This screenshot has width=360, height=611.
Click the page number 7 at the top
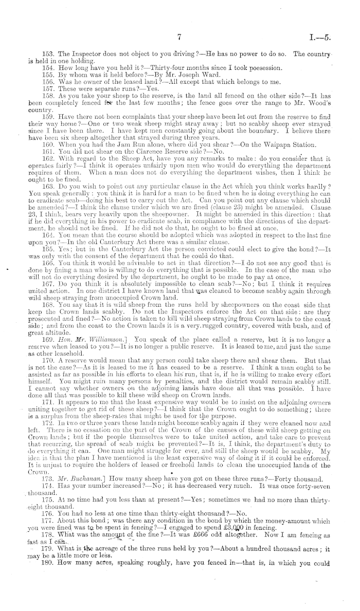click(x=179, y=37)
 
